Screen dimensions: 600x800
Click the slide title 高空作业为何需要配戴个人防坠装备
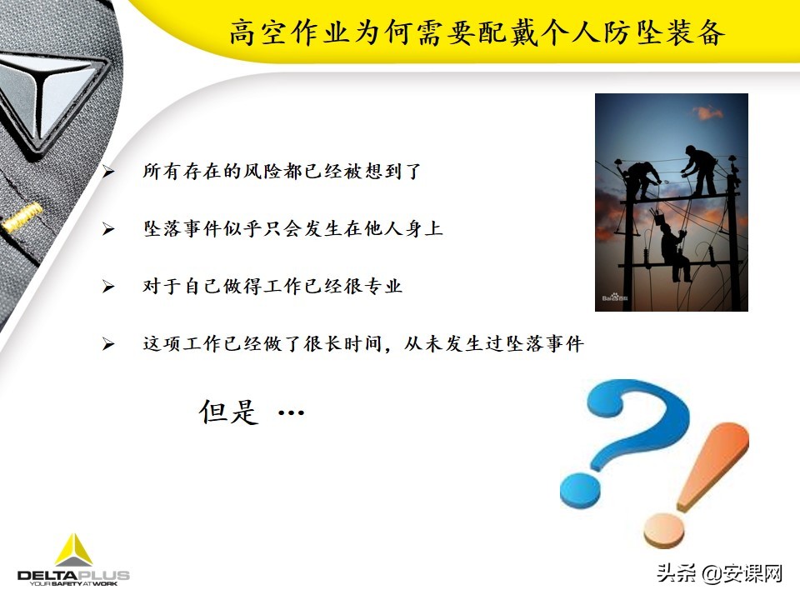click(477, 33)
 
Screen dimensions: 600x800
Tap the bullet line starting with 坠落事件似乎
click(292, 229)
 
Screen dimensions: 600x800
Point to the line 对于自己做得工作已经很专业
click(272, 287)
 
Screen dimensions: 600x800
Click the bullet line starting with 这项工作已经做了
click(363, 343)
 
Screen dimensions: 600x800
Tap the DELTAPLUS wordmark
click(73, 575)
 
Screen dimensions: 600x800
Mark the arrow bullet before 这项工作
click(107, 344)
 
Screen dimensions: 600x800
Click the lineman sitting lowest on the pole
click(673, 250)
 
